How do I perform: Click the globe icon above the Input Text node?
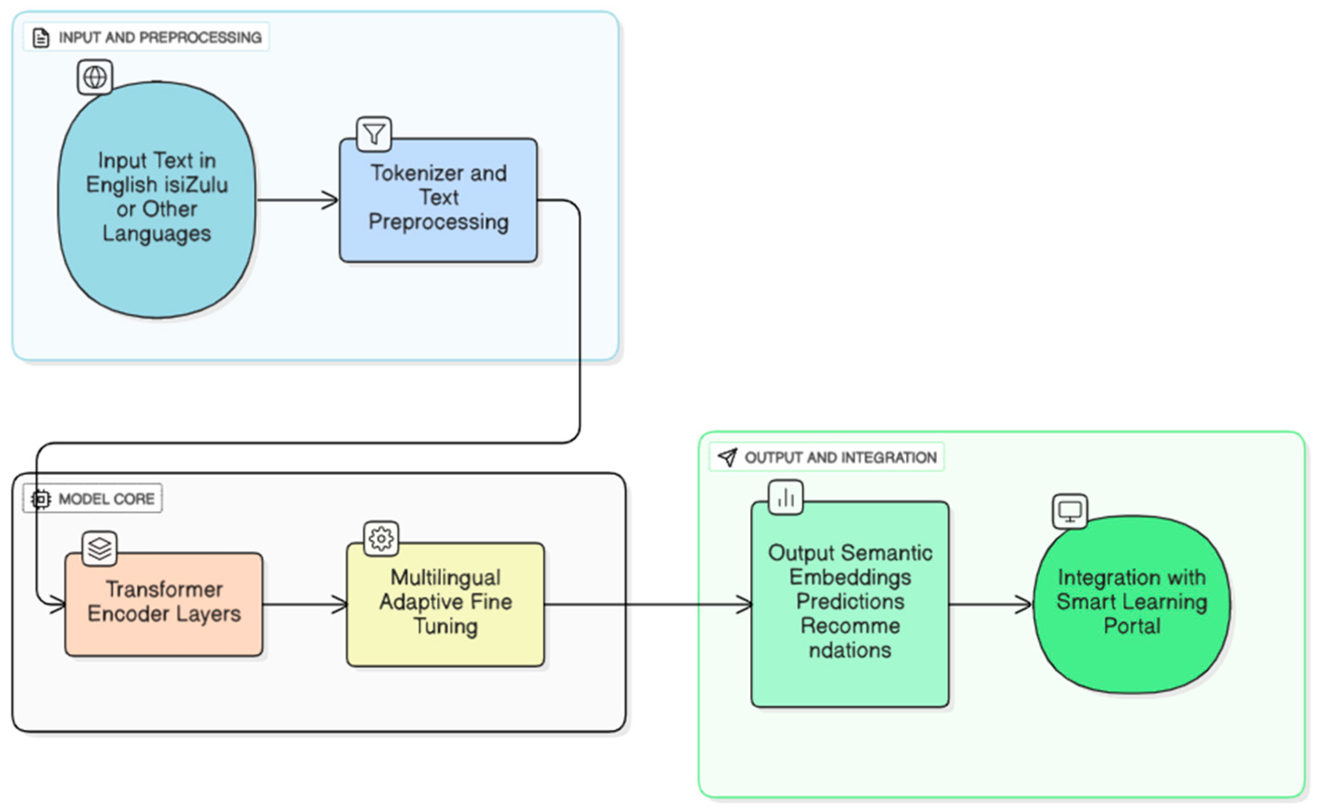click(95, 77)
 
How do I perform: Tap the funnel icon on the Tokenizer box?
click(374, 134)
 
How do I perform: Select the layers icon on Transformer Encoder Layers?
click(100, 548)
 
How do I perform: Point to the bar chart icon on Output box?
click(786, 498)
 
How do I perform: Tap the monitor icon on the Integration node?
click(1070, 512)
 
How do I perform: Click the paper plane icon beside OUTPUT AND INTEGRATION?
click(727, 457)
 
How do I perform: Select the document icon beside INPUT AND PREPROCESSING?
click(41, 38)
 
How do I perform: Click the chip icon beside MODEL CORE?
click(41, 499)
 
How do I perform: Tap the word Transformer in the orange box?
click(164, 589)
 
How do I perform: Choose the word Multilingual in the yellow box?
click(446, 578)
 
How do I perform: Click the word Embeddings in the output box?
click(850, 578)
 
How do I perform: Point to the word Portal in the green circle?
click(1132, 626)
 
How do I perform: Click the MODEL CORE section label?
click(106, 499)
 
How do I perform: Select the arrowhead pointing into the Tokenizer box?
click(331, 200)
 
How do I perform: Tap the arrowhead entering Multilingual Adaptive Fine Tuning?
click(340, 605)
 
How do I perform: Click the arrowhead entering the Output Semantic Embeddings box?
click(744, 605)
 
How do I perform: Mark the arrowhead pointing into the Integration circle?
click(1023, 605)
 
